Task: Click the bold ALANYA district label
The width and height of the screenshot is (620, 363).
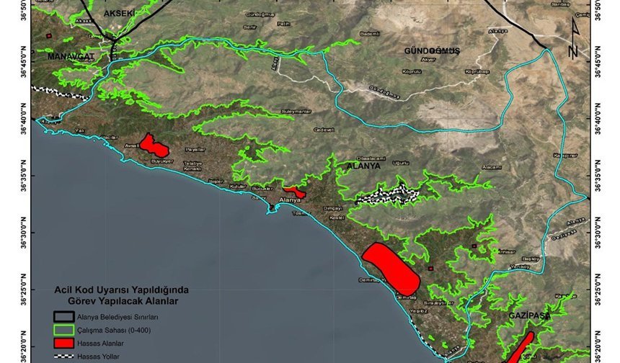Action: (x=363, y=165)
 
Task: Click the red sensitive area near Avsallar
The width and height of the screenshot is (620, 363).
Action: (x=154, y=145)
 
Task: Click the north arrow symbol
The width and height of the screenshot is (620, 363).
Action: (x=574, y=39)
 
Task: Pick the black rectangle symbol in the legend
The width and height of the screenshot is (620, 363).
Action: (x=66, y=316)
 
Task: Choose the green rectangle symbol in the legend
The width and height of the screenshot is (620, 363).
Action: (x=66, y=330)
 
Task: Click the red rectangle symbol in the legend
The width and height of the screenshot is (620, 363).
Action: (x=66, y=343)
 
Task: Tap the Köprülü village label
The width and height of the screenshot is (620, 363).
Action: (x=411, y=71)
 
